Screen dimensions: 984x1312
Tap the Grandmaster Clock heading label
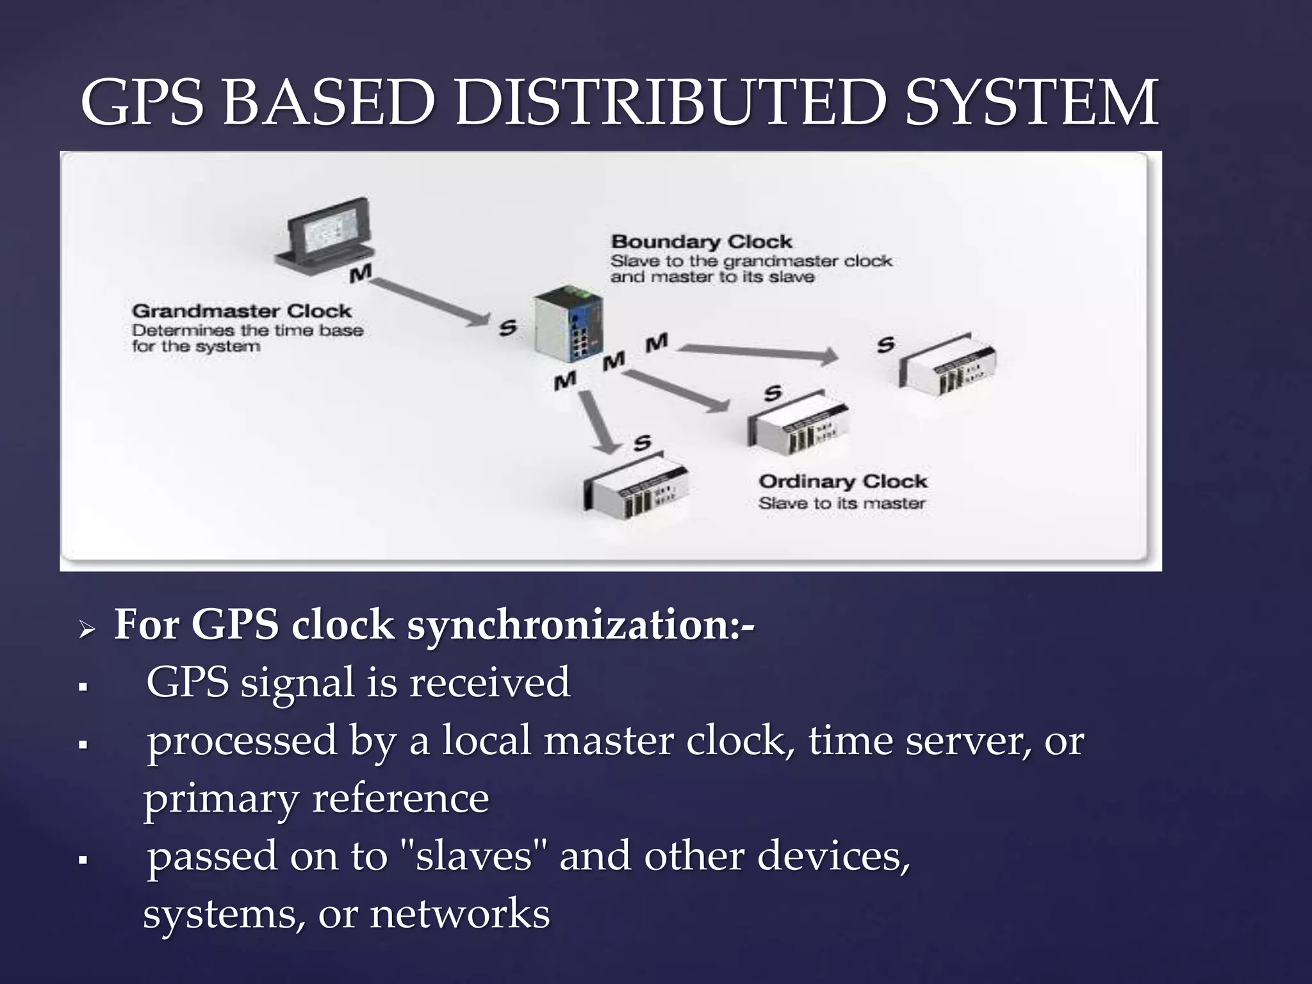click(242, 311)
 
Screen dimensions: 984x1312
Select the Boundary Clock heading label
click(701, 242)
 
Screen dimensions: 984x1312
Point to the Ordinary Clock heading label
click(842, 482)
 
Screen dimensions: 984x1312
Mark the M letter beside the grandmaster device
click(361, 274)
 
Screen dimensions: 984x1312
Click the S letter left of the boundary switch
click(507, 328)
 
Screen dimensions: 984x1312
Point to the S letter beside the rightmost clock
click(885, 345)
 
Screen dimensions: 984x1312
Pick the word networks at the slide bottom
click(460, 914)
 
